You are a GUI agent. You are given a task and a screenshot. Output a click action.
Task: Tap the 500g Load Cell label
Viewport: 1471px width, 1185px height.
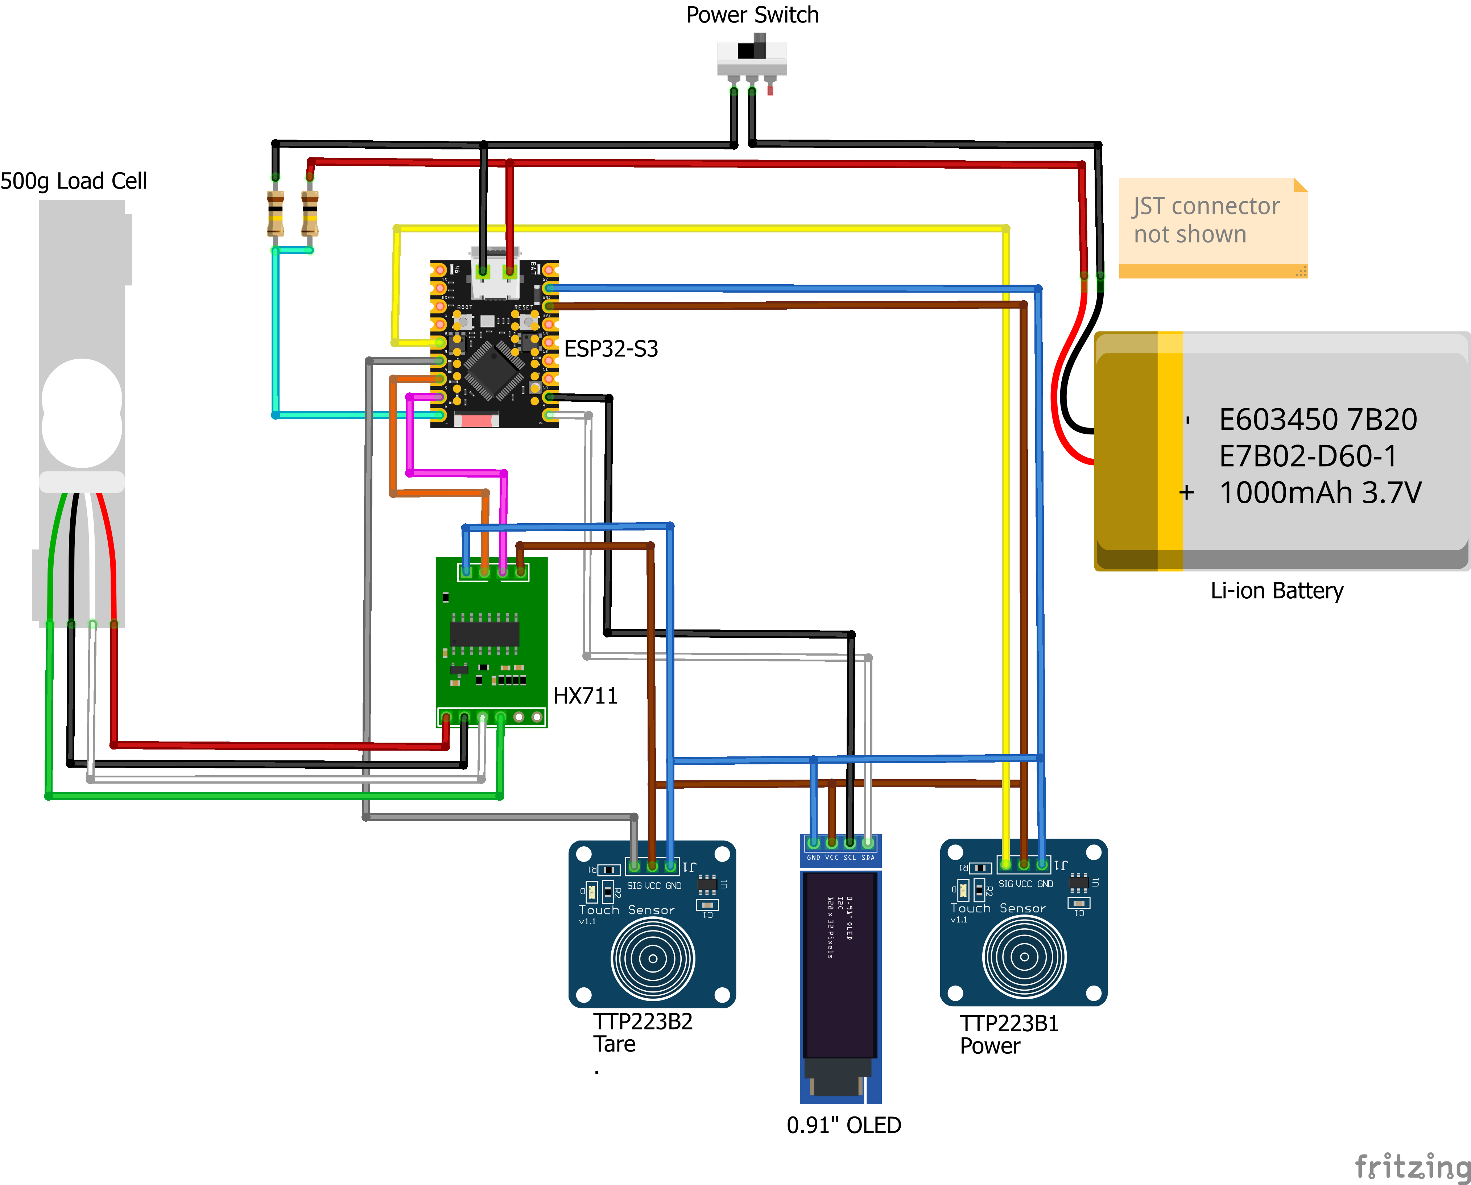click(x=74, y=181)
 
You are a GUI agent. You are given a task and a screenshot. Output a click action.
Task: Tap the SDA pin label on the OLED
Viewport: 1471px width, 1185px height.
click(x=868, y=857)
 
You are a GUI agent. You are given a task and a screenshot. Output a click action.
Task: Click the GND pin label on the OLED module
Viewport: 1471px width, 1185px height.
click(x=814, y=857)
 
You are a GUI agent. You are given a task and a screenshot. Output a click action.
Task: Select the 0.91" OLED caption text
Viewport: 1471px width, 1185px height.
click(x=844, y=1125)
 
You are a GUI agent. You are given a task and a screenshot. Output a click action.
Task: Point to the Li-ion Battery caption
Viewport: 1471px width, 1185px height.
click(x=1276, y=590)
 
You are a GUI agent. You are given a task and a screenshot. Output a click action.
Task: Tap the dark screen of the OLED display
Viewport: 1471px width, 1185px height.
click(x=840, y=962)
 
